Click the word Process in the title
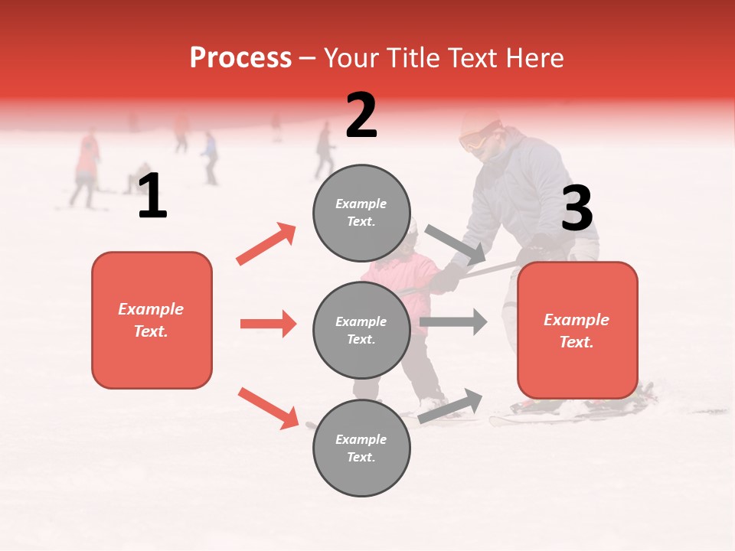[240, 57]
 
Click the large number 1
[152, 196]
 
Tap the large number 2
[361, 116]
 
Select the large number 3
[577, 209]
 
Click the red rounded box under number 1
[152, 320]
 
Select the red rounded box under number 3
[577, 331]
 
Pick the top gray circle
[361, 213]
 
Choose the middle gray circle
[361, 330]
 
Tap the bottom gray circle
[361, 448]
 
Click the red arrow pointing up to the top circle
[266, 243]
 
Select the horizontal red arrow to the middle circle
[268, 324]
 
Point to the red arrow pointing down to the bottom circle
[268, 408]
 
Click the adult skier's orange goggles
[473, 141]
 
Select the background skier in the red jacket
[87, 157]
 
